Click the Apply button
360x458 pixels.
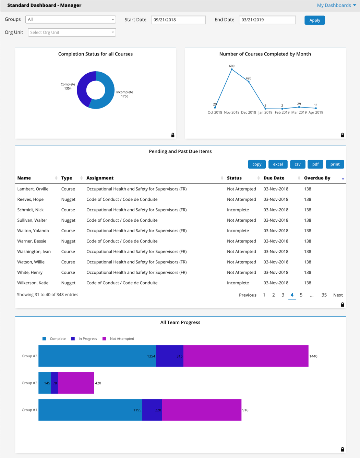point(314,20)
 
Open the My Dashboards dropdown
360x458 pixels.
point(336,5)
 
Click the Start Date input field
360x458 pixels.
point(178,20)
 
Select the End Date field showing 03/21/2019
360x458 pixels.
point(267,20)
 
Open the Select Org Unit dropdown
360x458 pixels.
point(72,33)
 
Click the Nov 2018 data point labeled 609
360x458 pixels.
point(232,70)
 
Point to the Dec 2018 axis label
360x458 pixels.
point(248,112)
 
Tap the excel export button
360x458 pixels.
point(278,164)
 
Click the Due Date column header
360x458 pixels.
point(274,178)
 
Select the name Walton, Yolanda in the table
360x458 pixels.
point(33,231)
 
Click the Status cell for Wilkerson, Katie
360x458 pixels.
point(238,283)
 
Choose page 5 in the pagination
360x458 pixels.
point(301,295)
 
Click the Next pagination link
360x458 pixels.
point(338,295)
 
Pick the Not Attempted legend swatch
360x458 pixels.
point(104,339)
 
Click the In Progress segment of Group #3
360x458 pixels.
point(169,356)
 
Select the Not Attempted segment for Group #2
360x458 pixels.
point(76,383)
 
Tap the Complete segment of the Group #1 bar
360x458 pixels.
point(90,410)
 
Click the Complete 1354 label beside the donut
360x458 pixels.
point(68,86)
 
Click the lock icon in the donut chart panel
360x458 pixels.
point(173,135)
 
